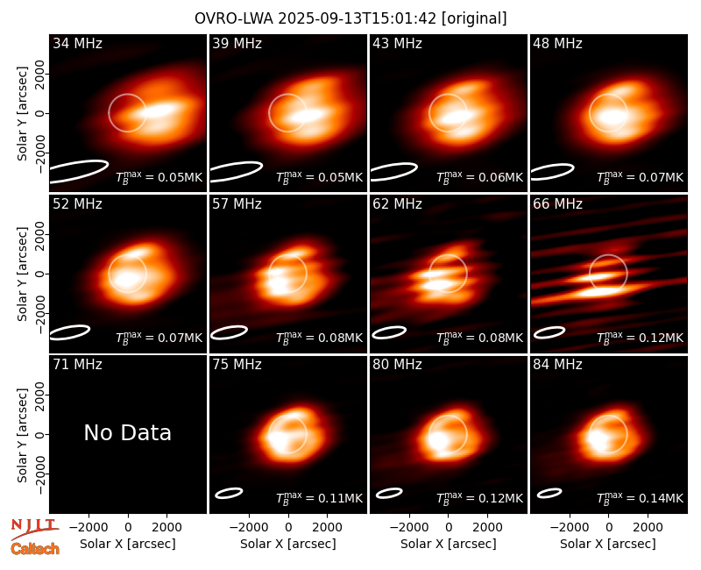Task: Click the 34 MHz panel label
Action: point(77,43)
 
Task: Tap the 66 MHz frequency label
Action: point(557,204)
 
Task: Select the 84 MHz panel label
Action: point(557,365)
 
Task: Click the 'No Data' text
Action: point(127,432)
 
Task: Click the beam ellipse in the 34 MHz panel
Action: point(79,171)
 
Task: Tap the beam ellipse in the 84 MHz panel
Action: point(549,493)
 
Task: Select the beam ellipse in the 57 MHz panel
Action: point(230,332)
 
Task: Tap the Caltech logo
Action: point(35,549)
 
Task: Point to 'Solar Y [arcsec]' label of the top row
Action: point(22,114)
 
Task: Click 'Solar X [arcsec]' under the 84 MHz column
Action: point(608,544)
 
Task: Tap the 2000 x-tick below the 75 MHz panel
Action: point(327,527)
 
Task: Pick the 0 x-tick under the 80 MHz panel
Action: point(449,527)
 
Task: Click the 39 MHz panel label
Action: point(237,43)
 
